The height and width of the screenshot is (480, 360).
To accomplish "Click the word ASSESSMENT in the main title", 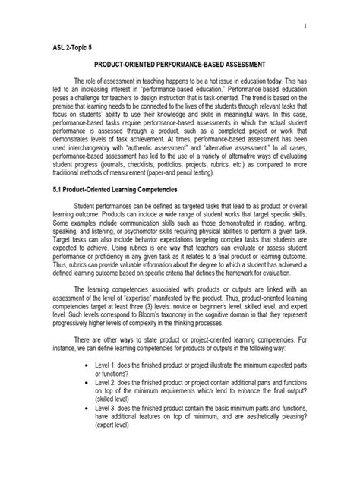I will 267,67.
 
